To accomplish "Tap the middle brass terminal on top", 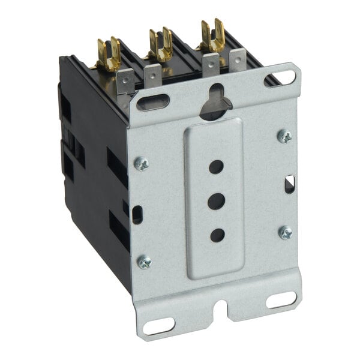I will pos(160,46).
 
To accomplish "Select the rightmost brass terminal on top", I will pos(212,36).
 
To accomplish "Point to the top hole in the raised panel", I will pos(216,167).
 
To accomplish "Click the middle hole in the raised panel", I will pos(217,201).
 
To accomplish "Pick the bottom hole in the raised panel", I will pos(217,235).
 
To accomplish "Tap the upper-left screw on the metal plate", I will pos(142,164).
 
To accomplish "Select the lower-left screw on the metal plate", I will pos(145,262).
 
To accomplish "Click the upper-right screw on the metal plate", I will pos(284,136).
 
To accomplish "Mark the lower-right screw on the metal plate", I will pos(286,232).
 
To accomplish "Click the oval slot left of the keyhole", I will pos(153,103).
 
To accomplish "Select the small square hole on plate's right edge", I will pos(289,184).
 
